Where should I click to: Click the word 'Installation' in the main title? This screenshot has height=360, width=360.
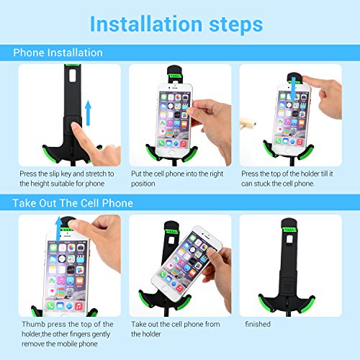pos(146,24)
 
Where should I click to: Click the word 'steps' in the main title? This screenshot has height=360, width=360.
pos(236,25)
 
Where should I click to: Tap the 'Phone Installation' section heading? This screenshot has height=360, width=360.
pos(58,53)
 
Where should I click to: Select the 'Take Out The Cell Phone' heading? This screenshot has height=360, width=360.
pos(73,203)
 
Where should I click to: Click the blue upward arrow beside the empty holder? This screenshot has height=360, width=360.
pos(89,113)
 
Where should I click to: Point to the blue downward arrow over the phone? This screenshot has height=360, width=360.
pos(292,89)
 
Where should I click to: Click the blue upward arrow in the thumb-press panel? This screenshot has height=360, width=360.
pos(58,229)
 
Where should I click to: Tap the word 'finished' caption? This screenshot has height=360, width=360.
pos(258,324)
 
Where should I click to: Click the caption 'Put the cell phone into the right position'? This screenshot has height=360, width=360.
pos(177,179)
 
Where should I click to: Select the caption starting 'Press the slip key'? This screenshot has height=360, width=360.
pos(67,179)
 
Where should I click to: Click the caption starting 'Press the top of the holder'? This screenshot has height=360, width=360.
pos(287,179)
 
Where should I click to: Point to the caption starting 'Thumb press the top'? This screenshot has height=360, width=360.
pos(68,334)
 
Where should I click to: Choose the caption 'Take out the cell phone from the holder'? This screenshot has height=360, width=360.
pos(176,329)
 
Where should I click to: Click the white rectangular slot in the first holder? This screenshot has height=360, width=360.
pos(73,76)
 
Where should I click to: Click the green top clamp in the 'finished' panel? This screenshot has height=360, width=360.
pos(290,230)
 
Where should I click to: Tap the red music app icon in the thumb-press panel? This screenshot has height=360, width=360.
pos(78,306)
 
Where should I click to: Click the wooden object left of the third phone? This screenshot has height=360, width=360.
pos(248,123)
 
